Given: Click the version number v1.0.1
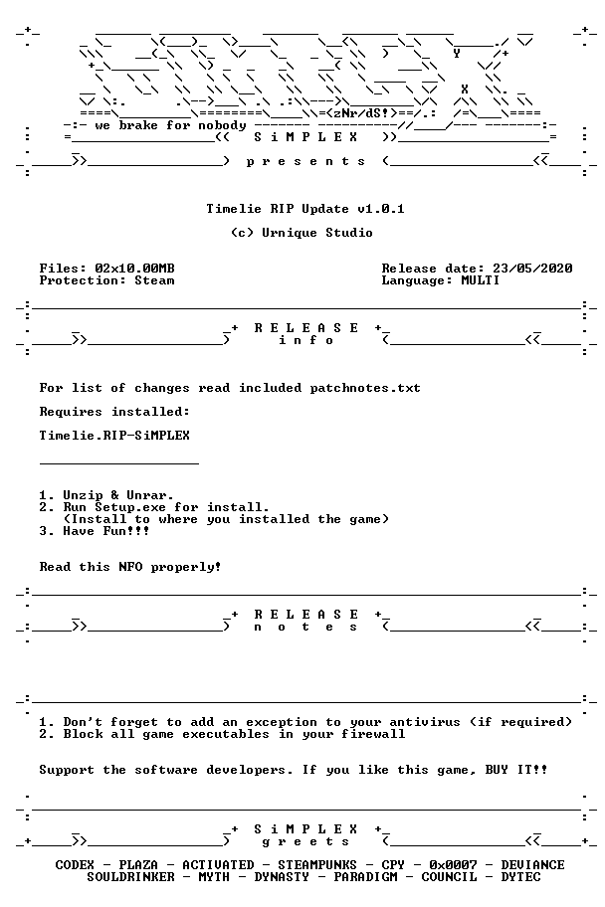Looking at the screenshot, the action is click(x=380, y=209).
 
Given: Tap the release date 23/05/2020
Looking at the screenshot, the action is click(x=532, y=269).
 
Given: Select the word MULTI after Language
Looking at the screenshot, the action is click(x=480, y=280).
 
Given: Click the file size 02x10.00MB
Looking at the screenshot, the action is click(x=135, y=269).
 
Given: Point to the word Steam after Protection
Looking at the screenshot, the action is click(x=154, y=280).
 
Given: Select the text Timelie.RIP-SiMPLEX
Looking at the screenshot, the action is click(x=114, y=436).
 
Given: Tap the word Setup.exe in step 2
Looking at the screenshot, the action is click(x=130, y=507).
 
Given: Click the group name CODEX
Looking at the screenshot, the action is click(x=75, y=865).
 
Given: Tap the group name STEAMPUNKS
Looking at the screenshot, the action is click(x=317, y=865).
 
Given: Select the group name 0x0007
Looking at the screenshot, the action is click(x=454, y=865).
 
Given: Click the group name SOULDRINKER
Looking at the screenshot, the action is click(x=130, y=877).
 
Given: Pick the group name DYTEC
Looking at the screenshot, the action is click(x=521, y=877).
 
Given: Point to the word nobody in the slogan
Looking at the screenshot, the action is click(x=222, y=125).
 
